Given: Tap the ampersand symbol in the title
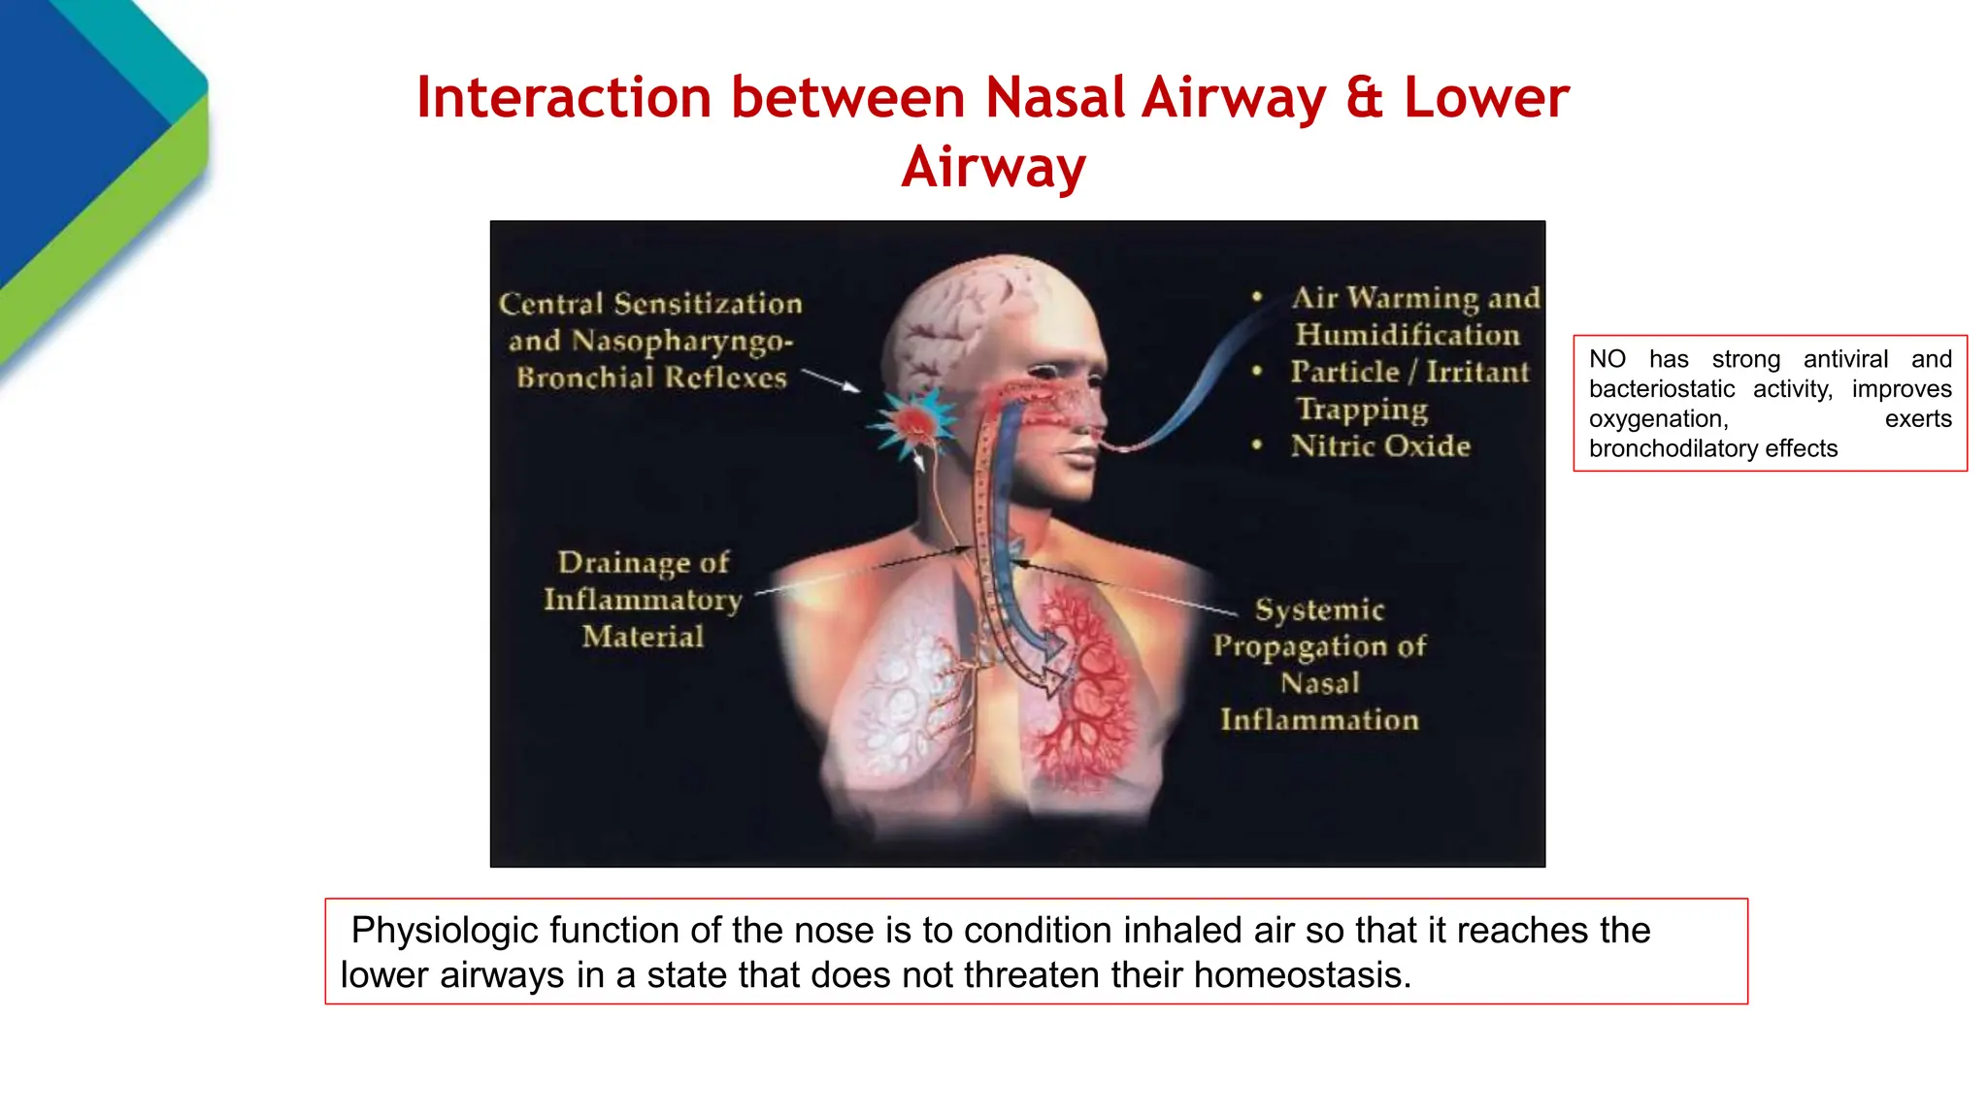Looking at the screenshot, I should click(x=1364, y=98).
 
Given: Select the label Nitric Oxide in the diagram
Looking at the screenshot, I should click(x=1379, y=445).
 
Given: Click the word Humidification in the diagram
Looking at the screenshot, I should click(x=1407, y=335).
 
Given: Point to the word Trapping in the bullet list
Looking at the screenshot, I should click(x=1362, y=410).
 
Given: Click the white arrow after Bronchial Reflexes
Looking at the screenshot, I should click(x=831, y=379).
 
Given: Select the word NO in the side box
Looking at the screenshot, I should click(x=1607, y=359).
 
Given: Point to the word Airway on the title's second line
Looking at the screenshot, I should click(x=993, y=167).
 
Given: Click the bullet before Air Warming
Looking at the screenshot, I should click(x=1257, y=297).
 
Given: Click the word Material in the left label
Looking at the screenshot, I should click(x=643, y=637).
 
